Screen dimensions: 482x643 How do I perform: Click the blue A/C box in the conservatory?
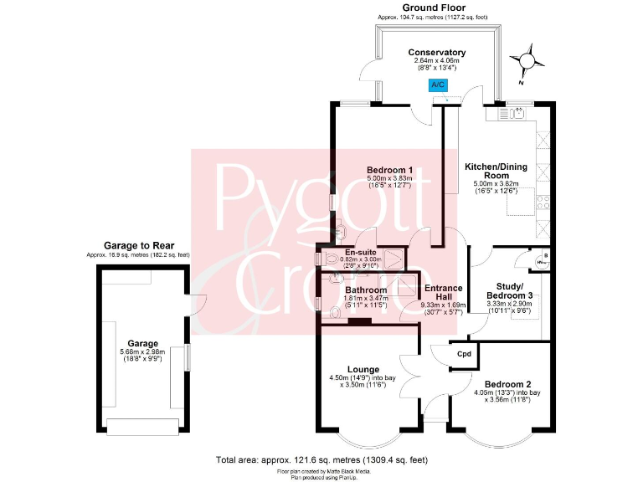point(438,85)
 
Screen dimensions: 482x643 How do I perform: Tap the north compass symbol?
point(527,61)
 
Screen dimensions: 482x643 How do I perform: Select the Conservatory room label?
point(437,53)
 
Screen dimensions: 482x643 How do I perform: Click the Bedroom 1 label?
point(390,171)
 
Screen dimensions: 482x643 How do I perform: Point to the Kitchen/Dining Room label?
point(496,172)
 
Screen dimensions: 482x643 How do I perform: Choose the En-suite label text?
point(361,252)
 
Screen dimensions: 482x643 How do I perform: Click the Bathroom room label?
point(366,290)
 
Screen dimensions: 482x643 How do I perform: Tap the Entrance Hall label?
point(443,293)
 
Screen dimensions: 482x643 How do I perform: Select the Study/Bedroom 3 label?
point(509,291)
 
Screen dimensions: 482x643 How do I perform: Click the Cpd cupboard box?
point(464,354)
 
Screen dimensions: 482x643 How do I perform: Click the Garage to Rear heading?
point(139,245)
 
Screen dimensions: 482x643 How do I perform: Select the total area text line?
point(321,459)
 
